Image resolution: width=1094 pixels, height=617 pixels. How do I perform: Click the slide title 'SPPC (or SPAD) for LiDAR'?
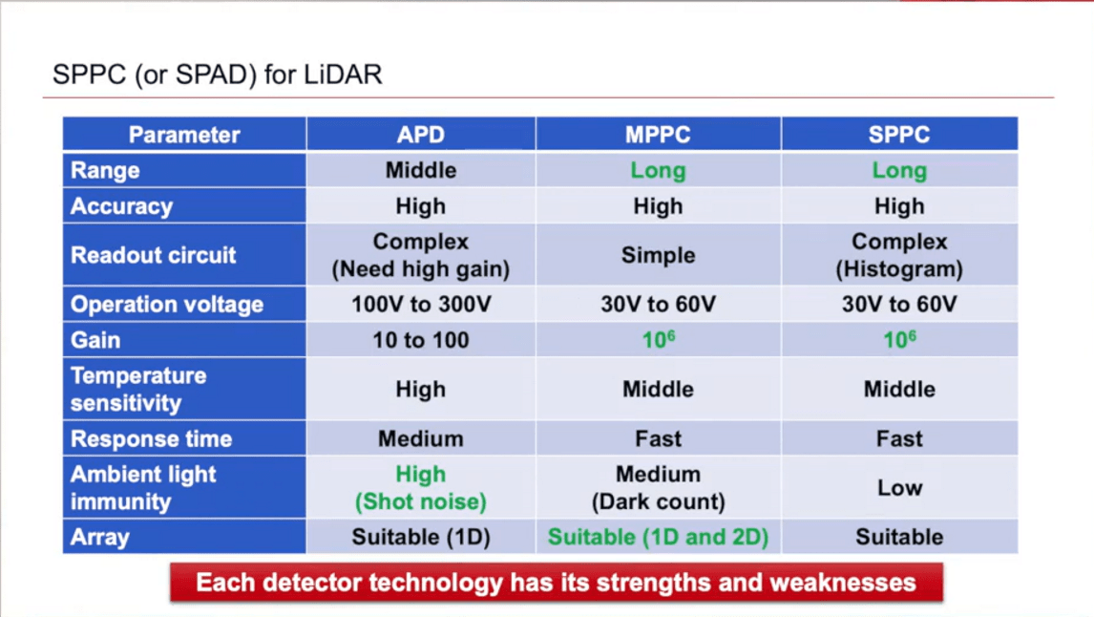coord(217,75)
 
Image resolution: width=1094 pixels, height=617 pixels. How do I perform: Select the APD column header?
coord(420,135)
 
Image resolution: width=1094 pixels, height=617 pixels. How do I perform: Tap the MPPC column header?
coord(658,135)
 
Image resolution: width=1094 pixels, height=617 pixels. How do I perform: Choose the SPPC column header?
coord(898,135)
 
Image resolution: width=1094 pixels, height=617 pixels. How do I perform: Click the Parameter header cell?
coord(184,135)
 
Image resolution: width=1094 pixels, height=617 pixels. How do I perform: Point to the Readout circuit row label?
coord(153,255)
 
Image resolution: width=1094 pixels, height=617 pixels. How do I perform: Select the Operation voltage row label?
coord(167,305)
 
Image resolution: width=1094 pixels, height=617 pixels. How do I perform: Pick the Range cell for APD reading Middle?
coord(420,171)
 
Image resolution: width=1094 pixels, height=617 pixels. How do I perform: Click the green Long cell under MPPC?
coord(658,171)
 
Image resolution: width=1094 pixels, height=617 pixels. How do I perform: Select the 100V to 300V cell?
coord(420,305)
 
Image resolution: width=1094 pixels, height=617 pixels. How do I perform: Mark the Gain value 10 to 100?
coord(420,340)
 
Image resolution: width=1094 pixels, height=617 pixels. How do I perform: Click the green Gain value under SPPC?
coord(898,340)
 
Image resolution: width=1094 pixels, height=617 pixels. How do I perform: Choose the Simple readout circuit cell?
coord(658,255)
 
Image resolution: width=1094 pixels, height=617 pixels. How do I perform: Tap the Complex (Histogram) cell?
coord(898,255)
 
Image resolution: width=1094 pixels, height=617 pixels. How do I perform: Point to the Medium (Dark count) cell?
coord(658,487)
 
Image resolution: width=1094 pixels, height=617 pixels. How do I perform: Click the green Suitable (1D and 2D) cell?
coord(658,537)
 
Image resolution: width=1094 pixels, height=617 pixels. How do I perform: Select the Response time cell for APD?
coord(420,438)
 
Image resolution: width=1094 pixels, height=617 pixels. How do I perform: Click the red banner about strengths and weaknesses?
coord(556,582)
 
